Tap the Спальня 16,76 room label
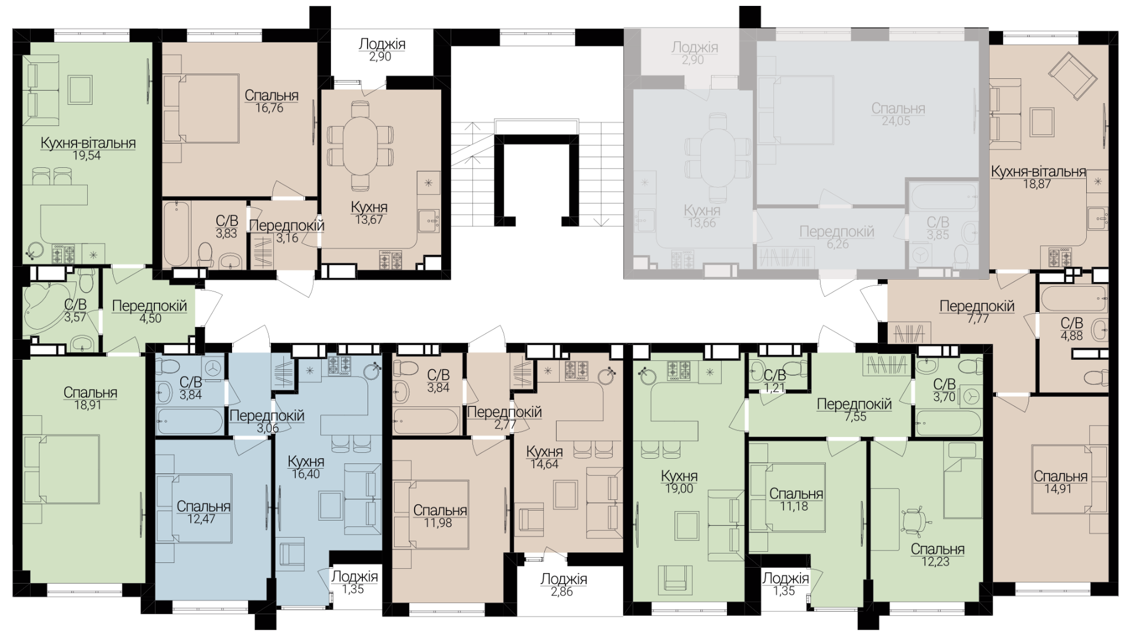coord(271,101)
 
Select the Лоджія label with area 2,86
coord(564,585)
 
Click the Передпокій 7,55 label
coord(854,410)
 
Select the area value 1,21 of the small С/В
coord(775,387)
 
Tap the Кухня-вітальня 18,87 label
coord(1038,177)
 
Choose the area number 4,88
coord(1072,336)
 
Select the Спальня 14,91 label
coord(1060,482)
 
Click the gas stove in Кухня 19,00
coord(677,371)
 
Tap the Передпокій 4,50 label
coord(149,312)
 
